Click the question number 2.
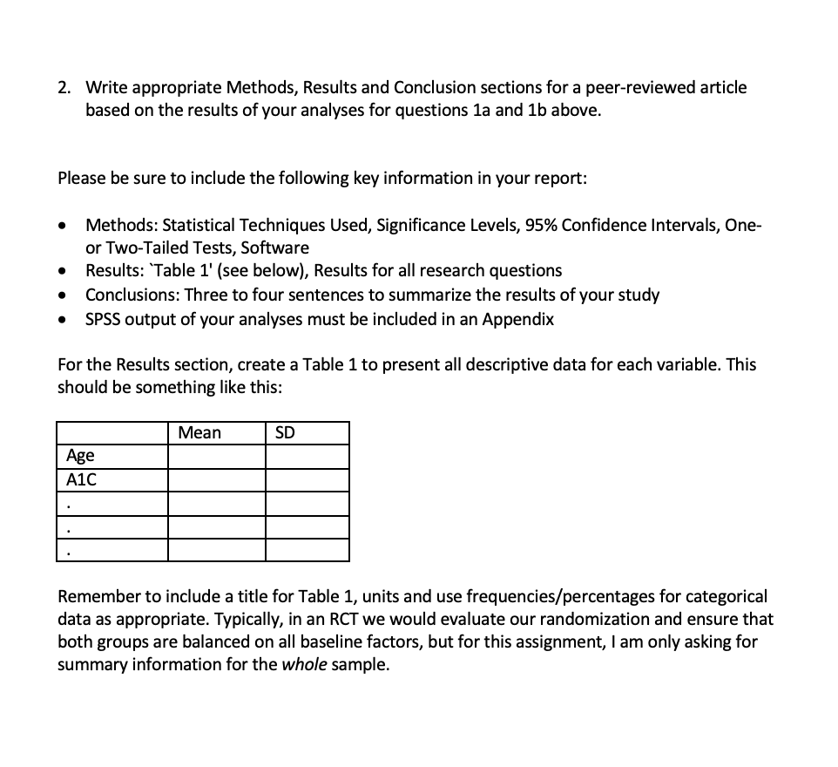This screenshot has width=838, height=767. pyautogui.click(x=63, y=88)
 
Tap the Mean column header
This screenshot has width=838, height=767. pyautogui.click(x=199, y=433)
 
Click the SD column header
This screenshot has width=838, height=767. pyautogui.click(x=285, y=433)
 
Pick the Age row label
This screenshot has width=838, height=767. pyautogui.click(x=80, y=456)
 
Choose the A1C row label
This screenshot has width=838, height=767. pyautogui.click(x=81, y=479)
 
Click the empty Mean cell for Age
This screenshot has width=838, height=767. pyautogui.click(x=216, y=457)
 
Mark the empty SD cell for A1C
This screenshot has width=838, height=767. pyautogui.click(x=307, y=480)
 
